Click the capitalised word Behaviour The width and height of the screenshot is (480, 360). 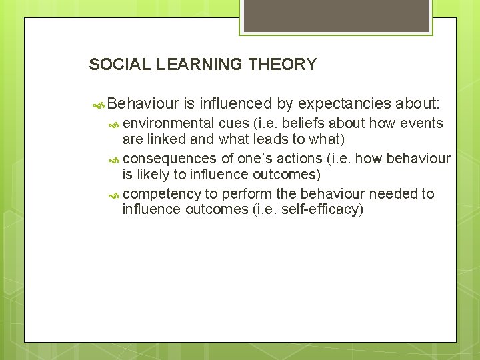pos(143,104)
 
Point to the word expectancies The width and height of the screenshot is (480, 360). pos(344,104)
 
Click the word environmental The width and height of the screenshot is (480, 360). pos(169,123)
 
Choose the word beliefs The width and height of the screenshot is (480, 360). pos(298,123)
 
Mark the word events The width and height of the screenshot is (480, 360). pos(423,123)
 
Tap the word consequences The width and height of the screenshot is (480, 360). pos(170,159)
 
